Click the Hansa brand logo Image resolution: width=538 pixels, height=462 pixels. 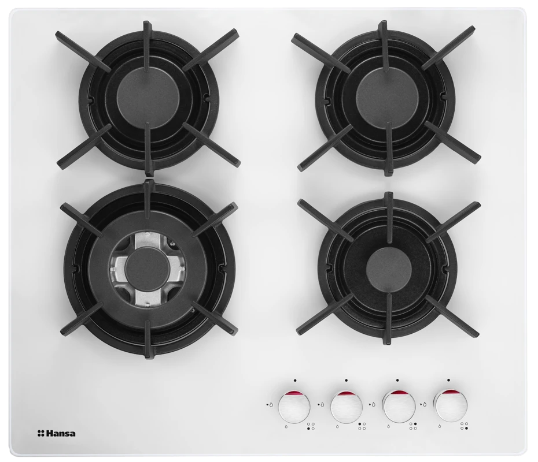point(56,434)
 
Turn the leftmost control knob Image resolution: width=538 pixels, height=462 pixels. point(294,407)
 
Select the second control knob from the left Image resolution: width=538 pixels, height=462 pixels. point(346,407)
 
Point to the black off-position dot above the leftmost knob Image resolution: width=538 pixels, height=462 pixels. point(294,380)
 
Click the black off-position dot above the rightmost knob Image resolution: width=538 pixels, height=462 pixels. point(448,380)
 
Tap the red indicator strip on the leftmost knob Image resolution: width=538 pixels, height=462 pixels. point(294,393)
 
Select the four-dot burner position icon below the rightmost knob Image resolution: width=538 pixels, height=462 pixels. point(464,426)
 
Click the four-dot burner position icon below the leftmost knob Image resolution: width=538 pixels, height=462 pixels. point(311,426)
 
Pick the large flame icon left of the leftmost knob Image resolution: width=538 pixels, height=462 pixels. point(271,405)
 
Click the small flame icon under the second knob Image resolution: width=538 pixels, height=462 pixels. point(338,427)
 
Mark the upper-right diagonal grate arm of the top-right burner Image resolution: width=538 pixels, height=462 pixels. point(448,46)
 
